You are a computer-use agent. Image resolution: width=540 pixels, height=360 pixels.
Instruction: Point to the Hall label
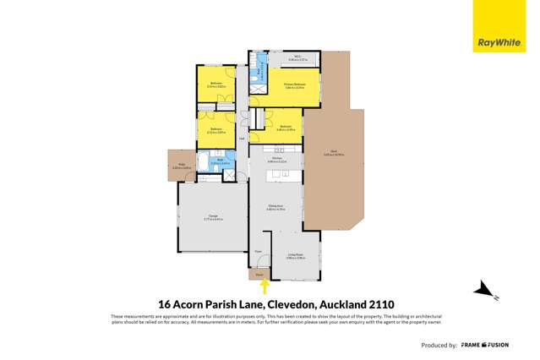(x=243, y=139)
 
